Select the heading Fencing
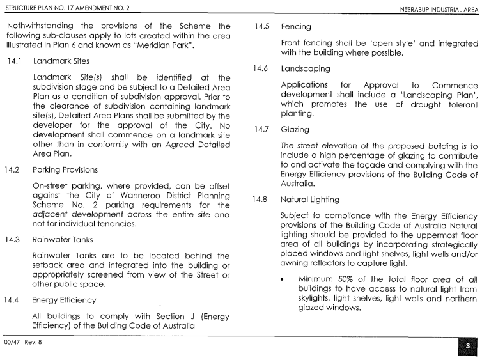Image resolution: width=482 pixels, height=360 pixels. pos(295,27)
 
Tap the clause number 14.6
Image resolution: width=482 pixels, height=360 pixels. pos(262,68)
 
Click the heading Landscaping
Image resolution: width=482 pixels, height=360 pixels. pos(305,68)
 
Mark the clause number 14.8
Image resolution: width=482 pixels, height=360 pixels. pos(262,200)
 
